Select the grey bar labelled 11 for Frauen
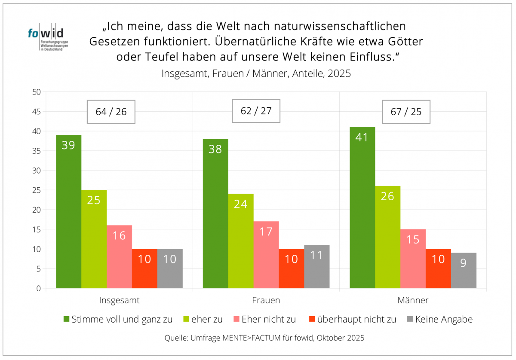click(316, 266)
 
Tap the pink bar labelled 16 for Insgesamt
click(119, 256)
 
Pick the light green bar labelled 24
click(241, 241)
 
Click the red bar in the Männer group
click(438, 268)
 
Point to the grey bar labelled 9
click(464, 270)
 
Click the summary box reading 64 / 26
click(111, 112)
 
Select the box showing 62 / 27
click(256, 111)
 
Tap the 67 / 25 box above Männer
click(406, 112)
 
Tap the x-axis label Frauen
click(266, 300)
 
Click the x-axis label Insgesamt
click(119, 300)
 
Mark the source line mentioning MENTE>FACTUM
click(264, 338)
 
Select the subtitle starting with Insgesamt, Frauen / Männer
click(256, 73)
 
